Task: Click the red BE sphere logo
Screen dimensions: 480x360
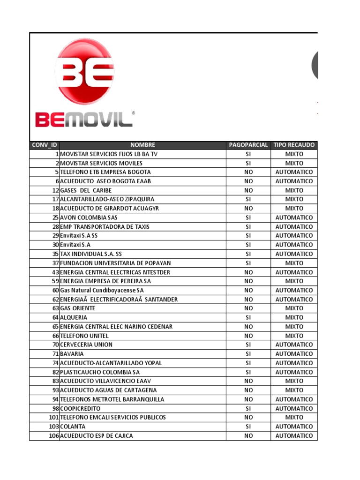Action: click(x=85, y=71)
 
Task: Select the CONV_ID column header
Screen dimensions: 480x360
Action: click(x=44, y=145)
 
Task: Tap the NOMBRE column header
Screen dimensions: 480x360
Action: click(x=142, y=145)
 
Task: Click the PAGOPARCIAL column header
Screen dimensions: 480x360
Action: click(x=248, y=145)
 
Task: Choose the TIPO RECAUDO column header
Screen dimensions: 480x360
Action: click(x=294, y=145)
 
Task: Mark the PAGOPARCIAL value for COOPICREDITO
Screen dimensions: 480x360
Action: click(x=248, y=408)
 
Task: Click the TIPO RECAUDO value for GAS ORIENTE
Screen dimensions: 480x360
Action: click(x=294, y=308)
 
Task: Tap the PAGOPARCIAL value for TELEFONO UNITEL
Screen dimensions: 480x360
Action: click(x=248, y=336)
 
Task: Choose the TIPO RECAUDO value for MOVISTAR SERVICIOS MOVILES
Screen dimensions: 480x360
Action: click(x=294, y=163)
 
